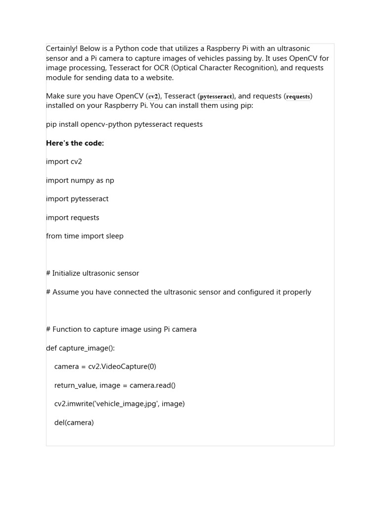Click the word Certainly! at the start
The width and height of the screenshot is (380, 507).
pyautogui.click(x=61, y=49)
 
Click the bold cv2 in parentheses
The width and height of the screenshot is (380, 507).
pyautogui.click(x=153, y=97)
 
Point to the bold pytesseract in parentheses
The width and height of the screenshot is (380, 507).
pyautogui.click(x=216, y=97)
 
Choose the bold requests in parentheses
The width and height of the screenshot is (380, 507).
pyautogui.click(x=298, y=97)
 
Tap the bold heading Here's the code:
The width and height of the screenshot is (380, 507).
pyautogui.click(x=75, y=143)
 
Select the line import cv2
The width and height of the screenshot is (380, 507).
pyautogui.click(x=64, y=161)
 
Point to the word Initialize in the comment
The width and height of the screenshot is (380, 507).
pyautogui.click(x=69, y=273)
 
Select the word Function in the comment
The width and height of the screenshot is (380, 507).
pyautogui.click(x=67, y=329)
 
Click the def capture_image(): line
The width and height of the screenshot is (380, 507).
pyautogui.click(x=80, y=348)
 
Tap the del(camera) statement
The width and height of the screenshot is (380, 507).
pyautogui.click(x=74, y=422)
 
